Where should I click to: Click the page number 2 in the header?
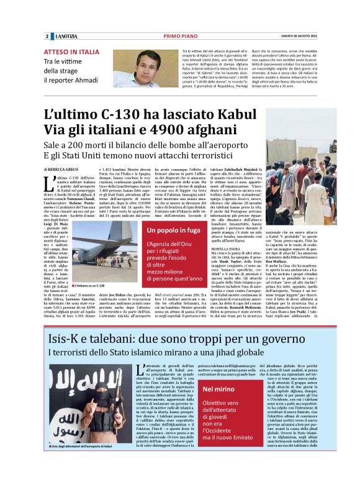point(47,35)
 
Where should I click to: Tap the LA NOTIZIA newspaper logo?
point(64,35)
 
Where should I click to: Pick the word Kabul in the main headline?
point(233,115)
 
